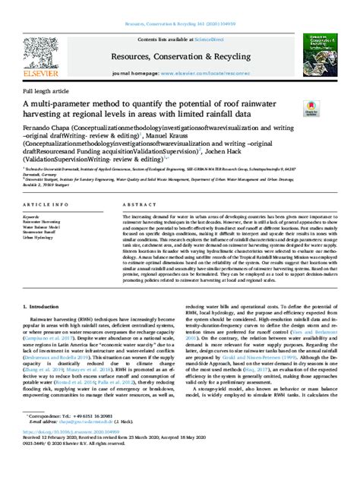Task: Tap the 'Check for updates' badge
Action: pyautogui.click(x=309, y=110)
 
